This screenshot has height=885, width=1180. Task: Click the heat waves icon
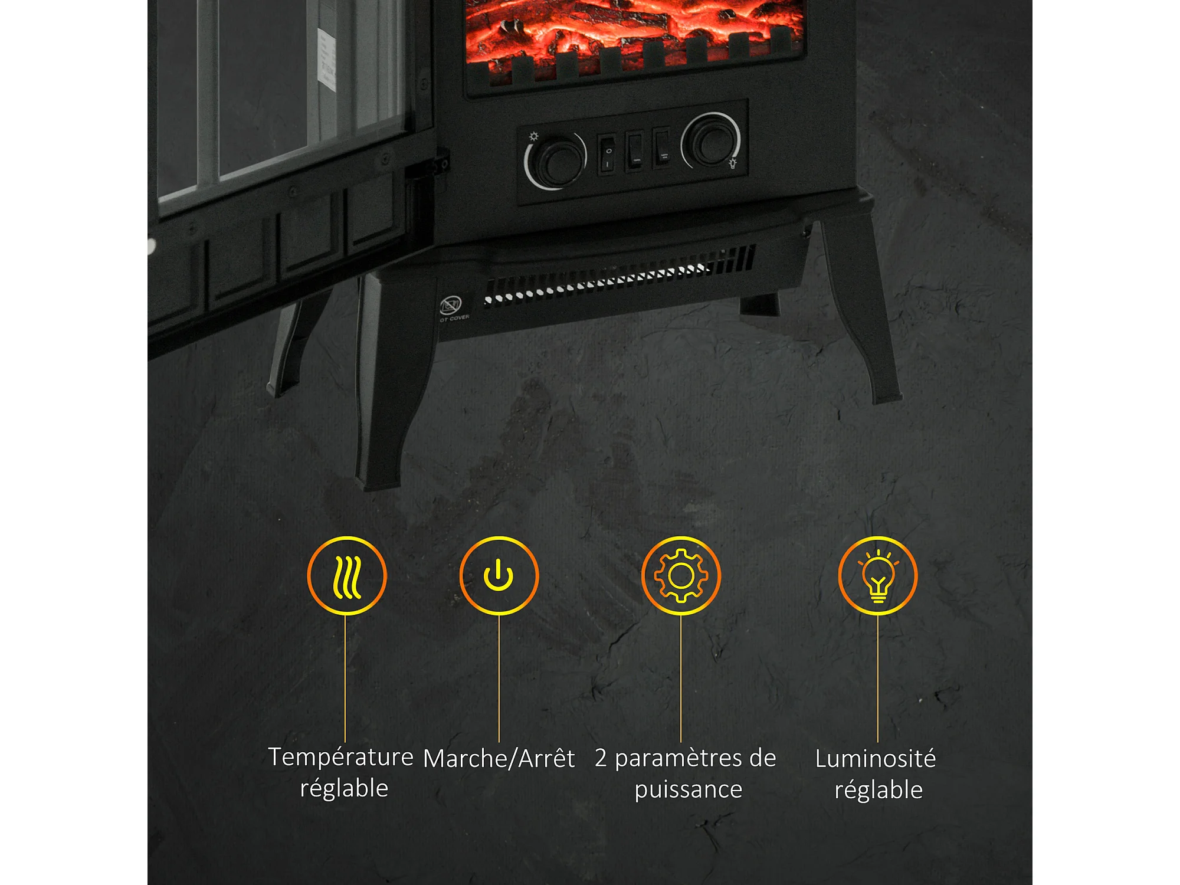coord(347,576)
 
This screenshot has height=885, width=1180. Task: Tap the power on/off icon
coord(499,576)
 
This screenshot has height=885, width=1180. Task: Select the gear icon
coord(681,576)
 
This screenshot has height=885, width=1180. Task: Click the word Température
coord(340,757)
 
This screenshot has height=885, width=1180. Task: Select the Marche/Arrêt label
coord(499,758)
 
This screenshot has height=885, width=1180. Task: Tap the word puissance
coord(688,789)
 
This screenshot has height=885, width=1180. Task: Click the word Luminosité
coord(876,759)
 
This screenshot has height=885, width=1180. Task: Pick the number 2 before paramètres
coord(601,758)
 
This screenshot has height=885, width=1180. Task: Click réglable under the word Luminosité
coord(879,790)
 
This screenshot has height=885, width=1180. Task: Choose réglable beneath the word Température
coord(344,788)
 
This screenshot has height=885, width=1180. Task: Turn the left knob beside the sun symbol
coord(556,161)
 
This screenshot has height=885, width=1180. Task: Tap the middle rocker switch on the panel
coord(635,151)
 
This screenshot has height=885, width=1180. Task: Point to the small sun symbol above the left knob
coord(533,137)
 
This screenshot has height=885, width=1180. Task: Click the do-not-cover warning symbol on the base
coord(451,306)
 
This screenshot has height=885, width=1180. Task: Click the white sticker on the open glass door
coord(326,59)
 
